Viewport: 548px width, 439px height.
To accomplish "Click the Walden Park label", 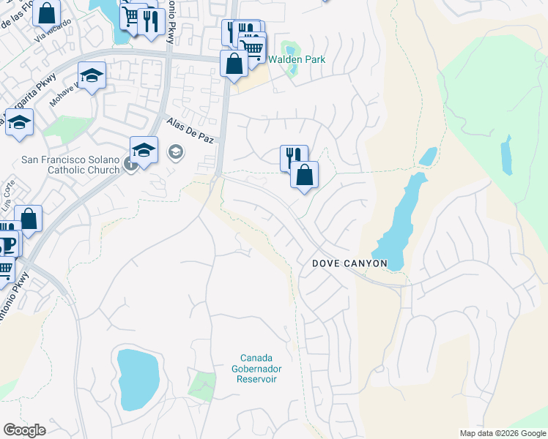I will click(296, 60).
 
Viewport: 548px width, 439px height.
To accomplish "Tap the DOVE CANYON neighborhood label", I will click(349, 263).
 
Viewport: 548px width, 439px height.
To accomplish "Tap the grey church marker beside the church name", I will click(130, 165).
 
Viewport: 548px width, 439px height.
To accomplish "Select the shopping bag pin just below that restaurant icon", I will click(304, 175).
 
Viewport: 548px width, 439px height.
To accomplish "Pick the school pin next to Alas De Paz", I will click(144, 151).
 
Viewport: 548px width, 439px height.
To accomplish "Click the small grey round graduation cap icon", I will click(175, 152).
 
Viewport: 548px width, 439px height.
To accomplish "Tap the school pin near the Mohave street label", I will click(92, 75).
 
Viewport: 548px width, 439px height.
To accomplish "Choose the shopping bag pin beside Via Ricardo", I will click(46, 14).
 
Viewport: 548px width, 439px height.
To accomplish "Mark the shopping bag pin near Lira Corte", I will click(28, 219).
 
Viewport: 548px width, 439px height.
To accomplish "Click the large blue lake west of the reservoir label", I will click(138, 378).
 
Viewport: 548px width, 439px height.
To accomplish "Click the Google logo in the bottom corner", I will click(24, 430).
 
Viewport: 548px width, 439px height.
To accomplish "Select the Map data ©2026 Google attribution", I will click(502, 433).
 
